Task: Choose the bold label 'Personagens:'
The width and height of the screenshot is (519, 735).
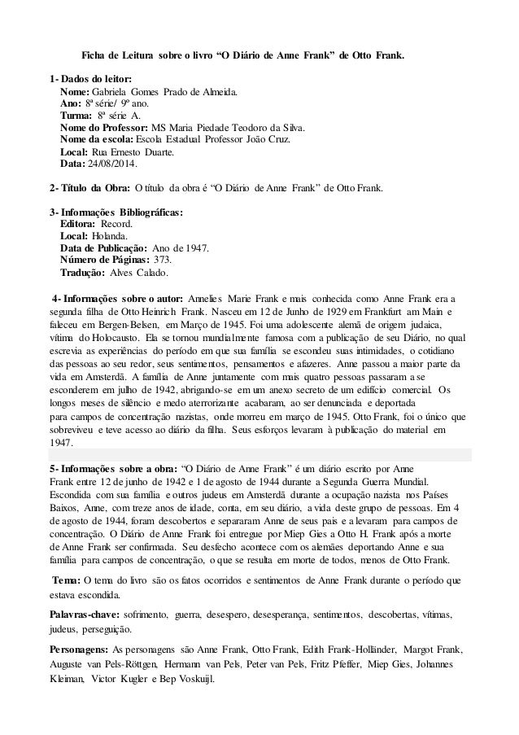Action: coord(78,651)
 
